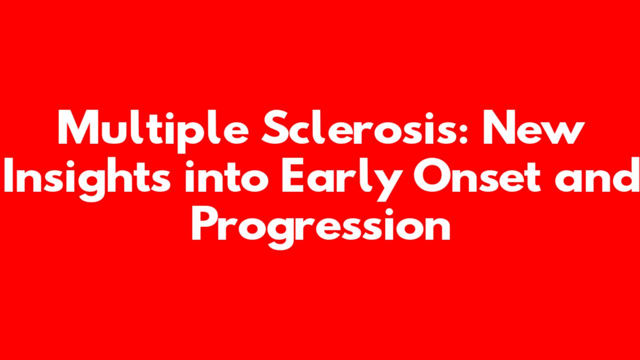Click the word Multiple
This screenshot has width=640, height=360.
pyautogui.click(x=153, y=131)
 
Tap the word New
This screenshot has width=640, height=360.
pyautogui.click(x=533, y=127)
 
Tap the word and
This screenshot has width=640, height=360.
pyautogui.click(x=597, y=175)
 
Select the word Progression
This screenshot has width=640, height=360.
pyautogui.click(x=320, y=228)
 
